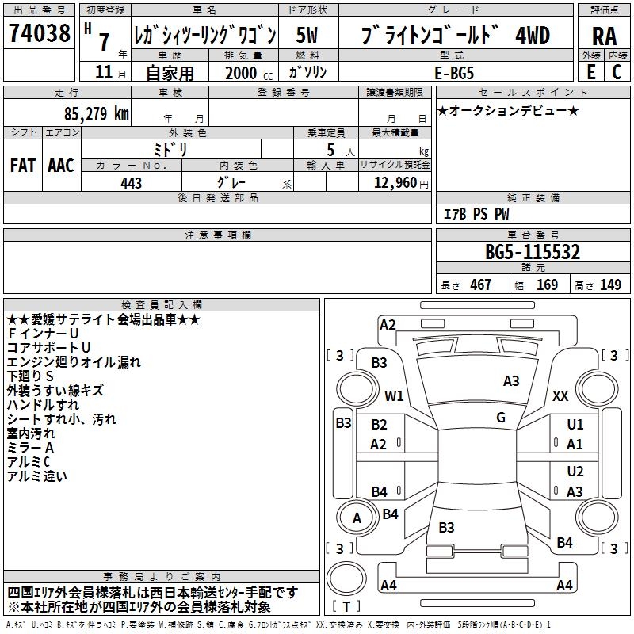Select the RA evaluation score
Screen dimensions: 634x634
(x=604, y=36)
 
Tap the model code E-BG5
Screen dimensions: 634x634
(x=455, y=72)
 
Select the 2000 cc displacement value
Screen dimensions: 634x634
(x=243, y=73)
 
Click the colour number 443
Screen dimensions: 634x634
(x=131, y=183)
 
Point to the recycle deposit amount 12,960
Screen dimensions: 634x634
(x=393, y=183)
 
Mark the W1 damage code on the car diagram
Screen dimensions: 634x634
(x=394, y=395)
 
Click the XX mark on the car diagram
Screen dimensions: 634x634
(x=560, y=395)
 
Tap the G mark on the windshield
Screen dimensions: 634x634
(x=501, y=417)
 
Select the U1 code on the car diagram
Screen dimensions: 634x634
(x=575, y=425)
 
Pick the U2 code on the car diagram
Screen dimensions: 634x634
(x=575, y=472)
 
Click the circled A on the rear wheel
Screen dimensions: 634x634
(x=357, y=518)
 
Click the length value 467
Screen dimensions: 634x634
(x=480, y=285)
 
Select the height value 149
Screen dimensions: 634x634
(x=610, y=285)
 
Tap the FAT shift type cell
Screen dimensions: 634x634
(x=22, y=165)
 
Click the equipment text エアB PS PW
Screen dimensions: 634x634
(x=476, y=214)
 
